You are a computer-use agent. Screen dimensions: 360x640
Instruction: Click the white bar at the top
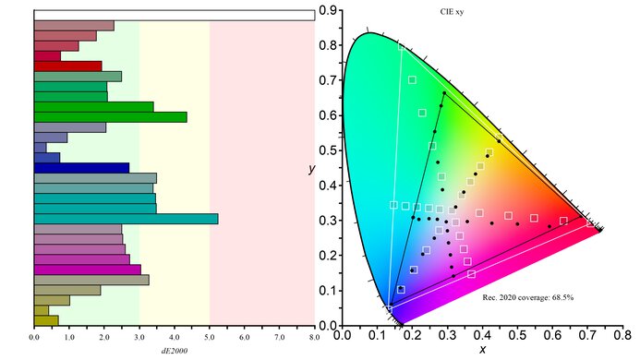click(x=174, y=15)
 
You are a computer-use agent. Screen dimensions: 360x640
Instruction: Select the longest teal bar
click(x=126, y=219)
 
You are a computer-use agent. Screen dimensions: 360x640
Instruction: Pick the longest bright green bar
click(x=110, y=117)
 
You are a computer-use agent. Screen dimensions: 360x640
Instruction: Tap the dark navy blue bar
click(x=81, y=168)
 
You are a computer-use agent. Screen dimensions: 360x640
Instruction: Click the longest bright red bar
click(x=67, y=66)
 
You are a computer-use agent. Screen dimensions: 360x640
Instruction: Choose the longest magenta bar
click(x=87, y=270)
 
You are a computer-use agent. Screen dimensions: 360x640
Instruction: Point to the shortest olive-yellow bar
click(x=41, y=310)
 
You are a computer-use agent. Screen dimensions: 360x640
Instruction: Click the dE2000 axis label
click(x=174, y=350)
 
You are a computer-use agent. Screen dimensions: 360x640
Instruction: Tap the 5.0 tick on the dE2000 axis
click(x=210, y=338)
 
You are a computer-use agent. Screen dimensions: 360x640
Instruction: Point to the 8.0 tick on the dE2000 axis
click(x=314, y=338)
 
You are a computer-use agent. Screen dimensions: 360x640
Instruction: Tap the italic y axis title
click(x=315, y=169)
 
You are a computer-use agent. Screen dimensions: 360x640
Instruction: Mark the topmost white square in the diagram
click(x=412, y=80)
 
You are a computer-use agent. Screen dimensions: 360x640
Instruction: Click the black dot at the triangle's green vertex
click(x=444, y=93)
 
